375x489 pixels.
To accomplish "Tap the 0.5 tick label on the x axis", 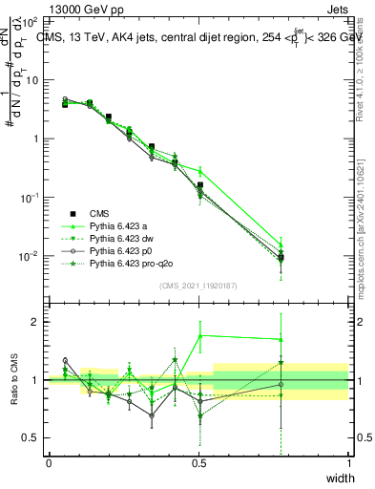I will (198, 461).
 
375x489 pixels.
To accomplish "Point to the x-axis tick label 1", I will (349, 461).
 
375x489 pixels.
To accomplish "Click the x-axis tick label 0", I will (49, 461).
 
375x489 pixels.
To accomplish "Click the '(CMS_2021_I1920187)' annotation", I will (198, 286).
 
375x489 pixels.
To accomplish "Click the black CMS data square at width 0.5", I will (199, 185).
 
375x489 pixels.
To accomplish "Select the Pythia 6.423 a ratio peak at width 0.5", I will (199, 334).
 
